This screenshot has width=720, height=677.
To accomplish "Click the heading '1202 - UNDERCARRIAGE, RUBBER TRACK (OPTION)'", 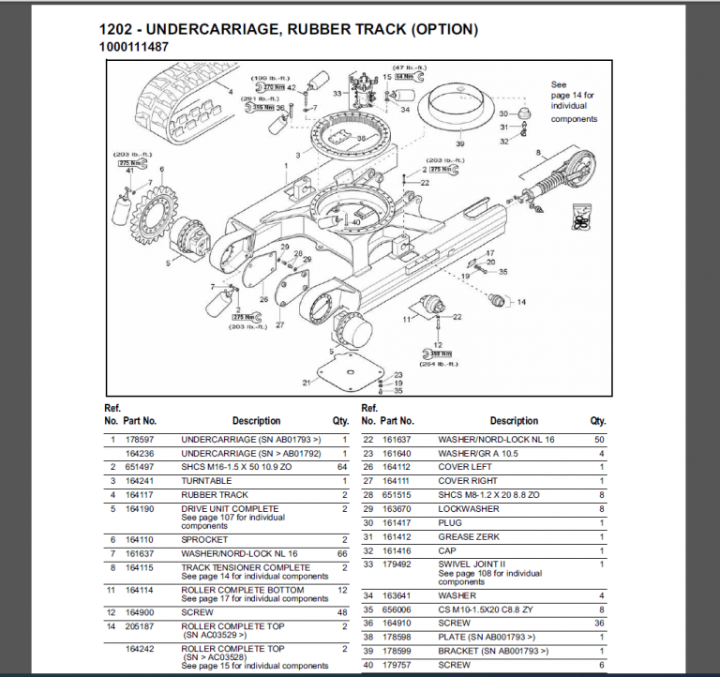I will pos(289,29).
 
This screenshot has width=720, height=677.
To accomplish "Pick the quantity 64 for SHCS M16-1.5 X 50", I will pos(341,467).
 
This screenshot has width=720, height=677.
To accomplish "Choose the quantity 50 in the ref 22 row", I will pos(598,439).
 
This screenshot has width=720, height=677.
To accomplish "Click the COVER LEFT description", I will pos(465,467).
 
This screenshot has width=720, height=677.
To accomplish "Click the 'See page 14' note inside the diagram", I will pos(573,101).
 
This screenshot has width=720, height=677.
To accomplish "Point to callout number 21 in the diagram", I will pos(307,383).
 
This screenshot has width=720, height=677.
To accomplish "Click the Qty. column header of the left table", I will pos(340,421).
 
